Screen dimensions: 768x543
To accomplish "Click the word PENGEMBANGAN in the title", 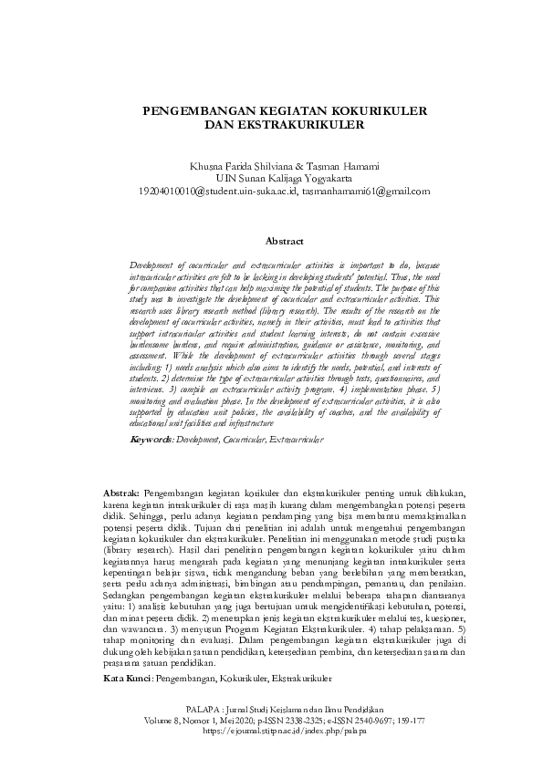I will click(191, 109).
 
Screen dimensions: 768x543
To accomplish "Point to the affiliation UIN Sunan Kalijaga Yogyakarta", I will click(271, 179).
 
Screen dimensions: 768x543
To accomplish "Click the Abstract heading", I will click(284, 242).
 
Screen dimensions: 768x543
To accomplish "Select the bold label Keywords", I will click(151, 440).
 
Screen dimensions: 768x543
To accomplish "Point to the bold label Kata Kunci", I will click(126, 680).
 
